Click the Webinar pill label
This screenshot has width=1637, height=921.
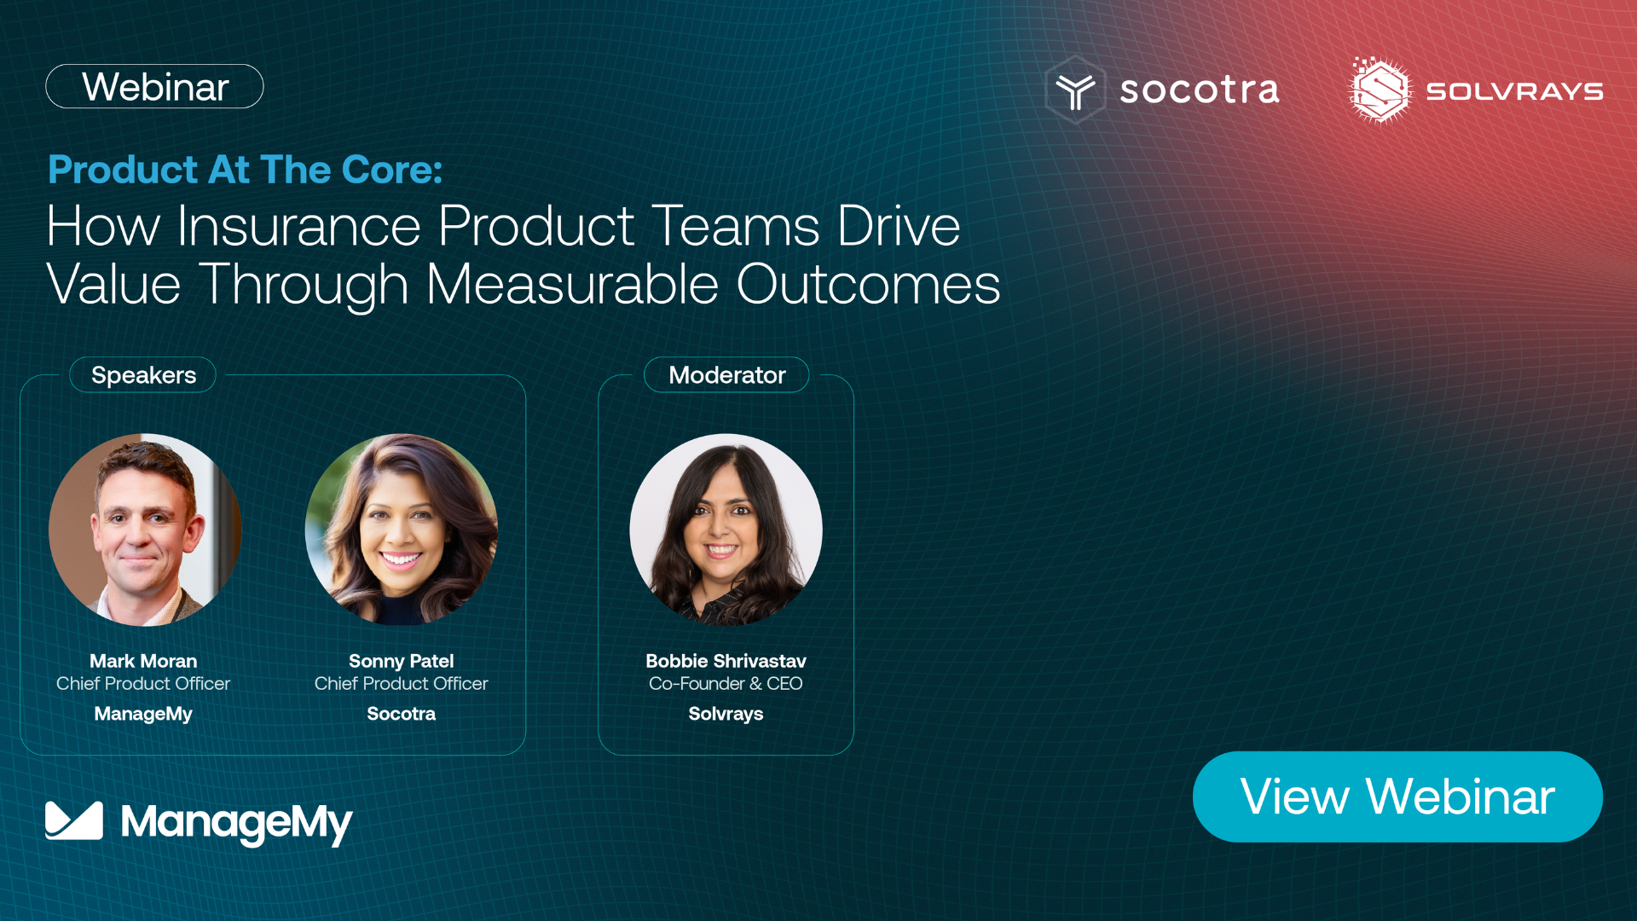(x=154, y=86)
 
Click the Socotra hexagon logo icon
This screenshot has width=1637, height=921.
(x=1075, y=90)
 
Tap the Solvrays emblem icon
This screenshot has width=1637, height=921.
(x=1380, y=90)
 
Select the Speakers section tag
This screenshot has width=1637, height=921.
(x=143, y=375)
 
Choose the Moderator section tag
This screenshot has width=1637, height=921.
(x=726, y=375)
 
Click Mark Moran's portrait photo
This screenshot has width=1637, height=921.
(x=145, y=530)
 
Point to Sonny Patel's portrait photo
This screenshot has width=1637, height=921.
(x=402, y=530)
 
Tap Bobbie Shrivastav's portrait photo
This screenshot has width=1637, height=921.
(x=726, y=530)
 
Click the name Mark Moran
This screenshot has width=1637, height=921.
(x=143, y=661)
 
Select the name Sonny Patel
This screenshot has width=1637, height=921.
(x=402, y=661)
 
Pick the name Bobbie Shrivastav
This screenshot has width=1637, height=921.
(x=726, y=661)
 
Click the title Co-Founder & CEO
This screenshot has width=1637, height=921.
(x=726, y=683)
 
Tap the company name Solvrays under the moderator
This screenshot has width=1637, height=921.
(x=726, y=714)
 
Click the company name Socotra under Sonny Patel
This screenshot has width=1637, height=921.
(x=402, y=714)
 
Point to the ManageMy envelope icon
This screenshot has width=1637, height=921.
(x=74, y=820)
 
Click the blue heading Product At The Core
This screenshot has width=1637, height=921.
(x=246, y=169)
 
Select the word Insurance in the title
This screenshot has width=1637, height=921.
(x=299, y=226)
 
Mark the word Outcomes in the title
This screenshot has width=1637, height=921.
(x=868, y=284)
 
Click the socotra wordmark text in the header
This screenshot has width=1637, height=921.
(x=1200, y=90)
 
